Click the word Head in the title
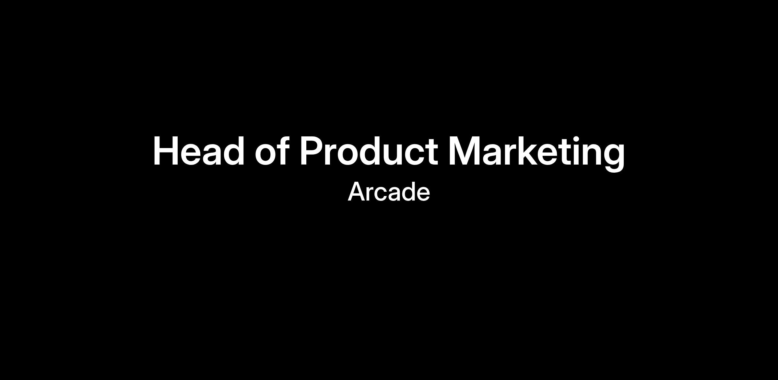[x=198, y=151]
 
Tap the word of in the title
[x=272, y=151]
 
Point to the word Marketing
[x=536, y=154]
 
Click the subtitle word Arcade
[x=389, y=192]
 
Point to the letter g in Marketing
[x=613, y=158]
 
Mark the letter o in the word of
[x=265, y=155]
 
